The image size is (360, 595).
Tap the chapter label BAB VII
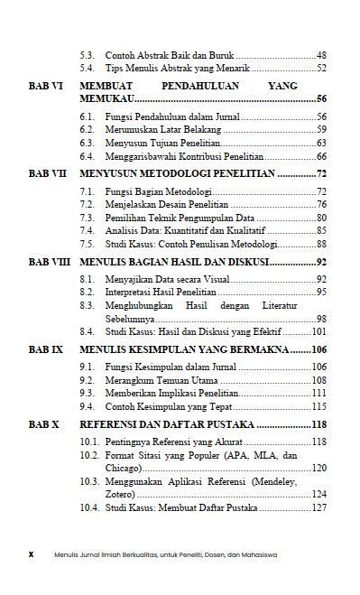click(x=46, y=172)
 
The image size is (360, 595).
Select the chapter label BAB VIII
click(x=48, y=262)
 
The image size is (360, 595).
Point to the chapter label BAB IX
click(x=45, y=349)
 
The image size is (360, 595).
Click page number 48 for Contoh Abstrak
click(x=321, y=54)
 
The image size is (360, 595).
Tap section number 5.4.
click(x=88, y=68)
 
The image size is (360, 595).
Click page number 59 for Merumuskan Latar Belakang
click(x=321, y=130)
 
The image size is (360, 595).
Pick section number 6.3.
click(x=88, y=143)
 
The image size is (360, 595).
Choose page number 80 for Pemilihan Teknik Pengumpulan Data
click(x=321, y=218)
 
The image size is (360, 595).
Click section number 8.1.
click(x=88, y=279)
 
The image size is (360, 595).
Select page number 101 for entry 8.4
click(x=318, y=331)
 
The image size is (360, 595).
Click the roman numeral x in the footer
click(x=31, y=553)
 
